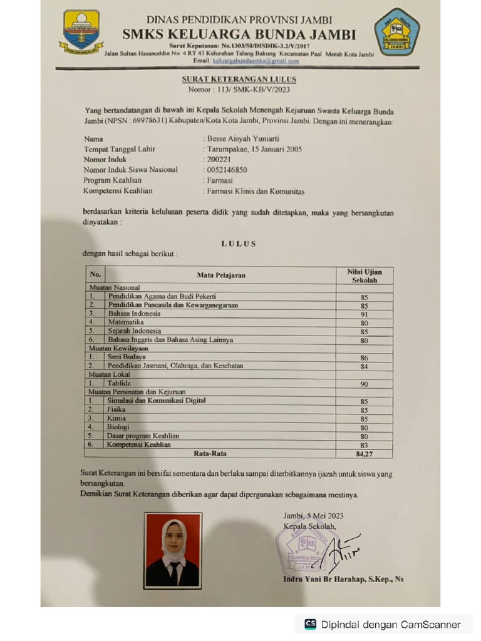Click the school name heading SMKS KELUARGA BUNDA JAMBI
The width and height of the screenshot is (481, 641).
(239, 34)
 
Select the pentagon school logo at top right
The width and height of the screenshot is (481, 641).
(397, 32)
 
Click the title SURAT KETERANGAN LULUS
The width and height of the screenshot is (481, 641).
(239, 79)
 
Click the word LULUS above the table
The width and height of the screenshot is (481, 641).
(239, 244)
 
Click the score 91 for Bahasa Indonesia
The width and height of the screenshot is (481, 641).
(364, 314)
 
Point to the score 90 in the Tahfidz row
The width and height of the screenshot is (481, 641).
(364, 384)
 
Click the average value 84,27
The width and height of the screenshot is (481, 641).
(364, 453)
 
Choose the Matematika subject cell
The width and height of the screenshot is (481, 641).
(125, 322)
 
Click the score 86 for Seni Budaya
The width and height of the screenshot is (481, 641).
(364, 358)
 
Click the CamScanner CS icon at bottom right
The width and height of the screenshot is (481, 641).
(310, 624)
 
